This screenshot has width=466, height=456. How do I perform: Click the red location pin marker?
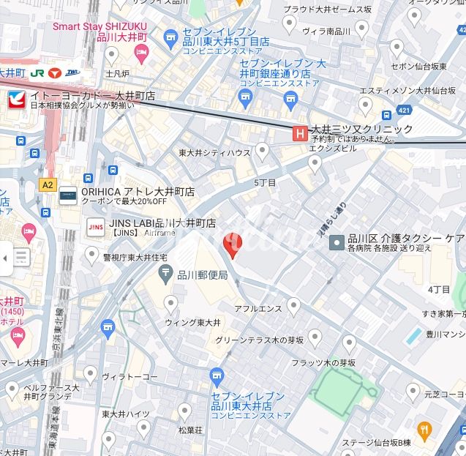pyautogui.click(x=231, y=246)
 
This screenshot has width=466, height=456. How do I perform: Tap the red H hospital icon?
pyautogui.click(x=299, y=132)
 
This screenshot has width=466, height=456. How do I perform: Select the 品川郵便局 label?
pyautogui.click(x=203, y=275)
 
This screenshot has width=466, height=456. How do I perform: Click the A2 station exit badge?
pyautogui.click(x=48, y=184)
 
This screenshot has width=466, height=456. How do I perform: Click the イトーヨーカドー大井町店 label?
pyautogui.click(x=91, y=96)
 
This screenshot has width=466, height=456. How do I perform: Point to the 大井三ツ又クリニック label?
pyautogui.click(x=361, y=129)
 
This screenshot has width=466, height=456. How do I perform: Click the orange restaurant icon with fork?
pyautogui.click(x=423, y=429)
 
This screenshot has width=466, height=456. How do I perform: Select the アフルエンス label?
pyautogui.click(x=258, y=309)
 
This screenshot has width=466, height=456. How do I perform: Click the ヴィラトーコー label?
pyautogui.click(x=129, y=377)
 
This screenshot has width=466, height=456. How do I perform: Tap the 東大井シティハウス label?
pyautogui.click(x=214, y=153)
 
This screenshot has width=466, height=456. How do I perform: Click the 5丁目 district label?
pyautogui.click(x=265, y=182)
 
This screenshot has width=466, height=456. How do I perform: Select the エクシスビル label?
pyautogui.click(x=333, y=148)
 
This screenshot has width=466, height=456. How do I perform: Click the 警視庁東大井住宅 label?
pyautogui.click(x=135, y=258)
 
